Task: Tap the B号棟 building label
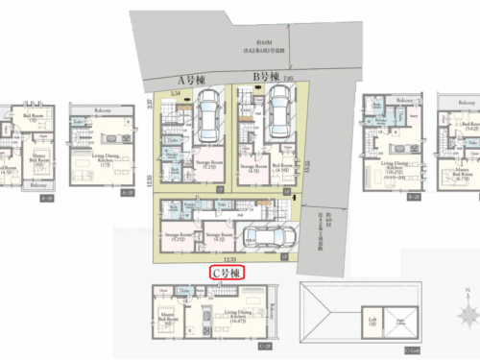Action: pyautogui.click(x=264, y=76)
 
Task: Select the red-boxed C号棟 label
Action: pyautogui.click(x=228, y=273)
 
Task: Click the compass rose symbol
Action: pyautogui.click(x=466, y=315)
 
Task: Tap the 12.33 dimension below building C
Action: pyautogui.click(x=228, y=258)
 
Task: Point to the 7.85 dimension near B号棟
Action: pyautogui.click(x=288, y=77)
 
